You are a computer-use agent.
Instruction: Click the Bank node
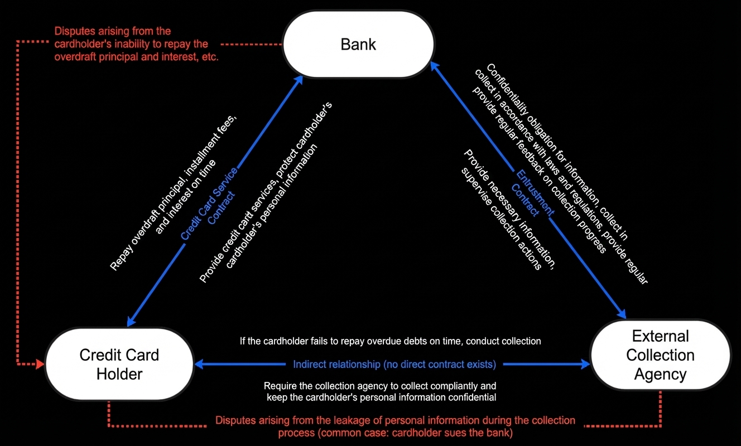click(359, 44)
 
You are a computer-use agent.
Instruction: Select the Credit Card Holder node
click(119, 365)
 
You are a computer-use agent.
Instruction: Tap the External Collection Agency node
click(660, 355)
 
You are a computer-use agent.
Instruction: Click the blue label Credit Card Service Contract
click(209, 204)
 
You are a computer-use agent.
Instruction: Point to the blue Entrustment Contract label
click(532, 193)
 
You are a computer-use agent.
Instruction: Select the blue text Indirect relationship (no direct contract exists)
click(394, 365)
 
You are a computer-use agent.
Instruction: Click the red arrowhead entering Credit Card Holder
click(40, 365)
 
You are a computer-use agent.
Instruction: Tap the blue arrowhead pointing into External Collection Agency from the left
click(585, 365)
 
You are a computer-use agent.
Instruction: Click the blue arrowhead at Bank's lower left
click(299, 80)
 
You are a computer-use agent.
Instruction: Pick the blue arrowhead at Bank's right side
click(435, 66)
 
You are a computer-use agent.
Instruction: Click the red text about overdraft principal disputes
click(136, 44)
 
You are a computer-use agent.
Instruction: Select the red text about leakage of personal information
click(395, 426)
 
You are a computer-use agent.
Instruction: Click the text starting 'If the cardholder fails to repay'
click(391, 341)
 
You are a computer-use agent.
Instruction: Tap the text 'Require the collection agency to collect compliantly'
click(381, 391)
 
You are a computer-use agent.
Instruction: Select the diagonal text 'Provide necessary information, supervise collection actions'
click(508, 210)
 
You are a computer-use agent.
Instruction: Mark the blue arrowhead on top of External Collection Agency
click(622, 314)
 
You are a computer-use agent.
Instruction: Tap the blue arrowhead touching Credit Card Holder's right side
click(199, 365)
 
